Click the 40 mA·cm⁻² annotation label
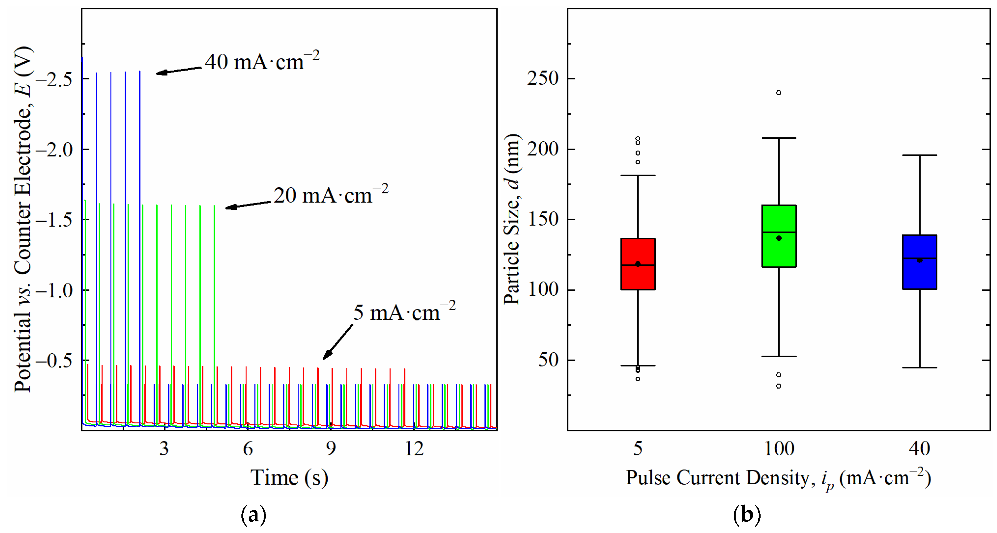[x=262, y=62]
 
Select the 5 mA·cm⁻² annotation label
[x=404, y=312]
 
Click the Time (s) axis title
[x=289, y=478]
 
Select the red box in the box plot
[x=638, y=264]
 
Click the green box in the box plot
[x=779, y=236]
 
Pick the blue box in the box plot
[x=919, y=262]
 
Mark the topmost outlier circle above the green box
[x=779, y=93]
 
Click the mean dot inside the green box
[x=779, y=238]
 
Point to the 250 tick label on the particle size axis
[x=543, y=79]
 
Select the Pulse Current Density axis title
[x=778, y=478]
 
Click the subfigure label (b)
[x=747, y=515]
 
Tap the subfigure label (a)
[x=254, y=515]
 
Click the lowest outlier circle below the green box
[x=779, y=386]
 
